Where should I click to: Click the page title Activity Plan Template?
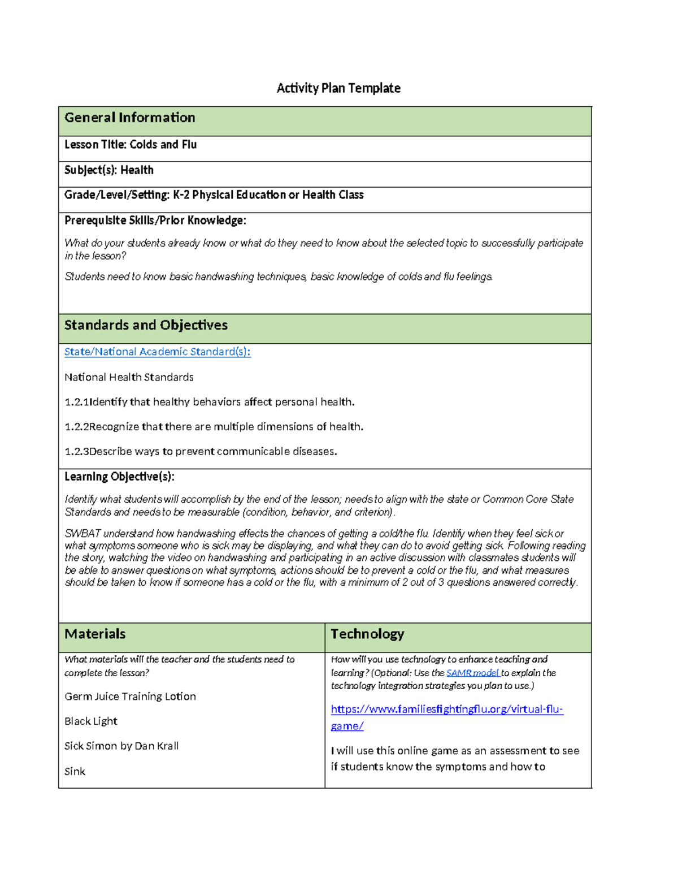tap(338, 88)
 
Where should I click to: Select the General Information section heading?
tap(130, 118)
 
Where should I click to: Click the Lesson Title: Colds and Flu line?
tap(131, 145)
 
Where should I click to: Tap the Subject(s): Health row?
tap(109, 170)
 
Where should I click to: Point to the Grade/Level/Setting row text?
tap(214, 195)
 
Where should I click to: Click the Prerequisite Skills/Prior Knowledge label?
tap(155, 220)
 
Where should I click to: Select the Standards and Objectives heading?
tap(146, 325)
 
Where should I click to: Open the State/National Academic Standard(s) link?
tap(157, 352)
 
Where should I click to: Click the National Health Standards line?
tap(129, 377)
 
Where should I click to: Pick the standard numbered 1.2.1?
tap(209, 402)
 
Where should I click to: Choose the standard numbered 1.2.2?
tap(214, 427)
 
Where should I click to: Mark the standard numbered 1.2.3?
tap(201, 452)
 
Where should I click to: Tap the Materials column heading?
tap(95, 634)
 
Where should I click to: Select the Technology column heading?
tap(367, 634)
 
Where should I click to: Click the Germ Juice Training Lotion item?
tap(130, 697)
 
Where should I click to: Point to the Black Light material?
tap(91, 721)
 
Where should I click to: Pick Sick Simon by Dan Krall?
tap(121, 746)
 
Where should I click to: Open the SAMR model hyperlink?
tap(472, 673)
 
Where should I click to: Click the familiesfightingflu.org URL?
tap(446, 710)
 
